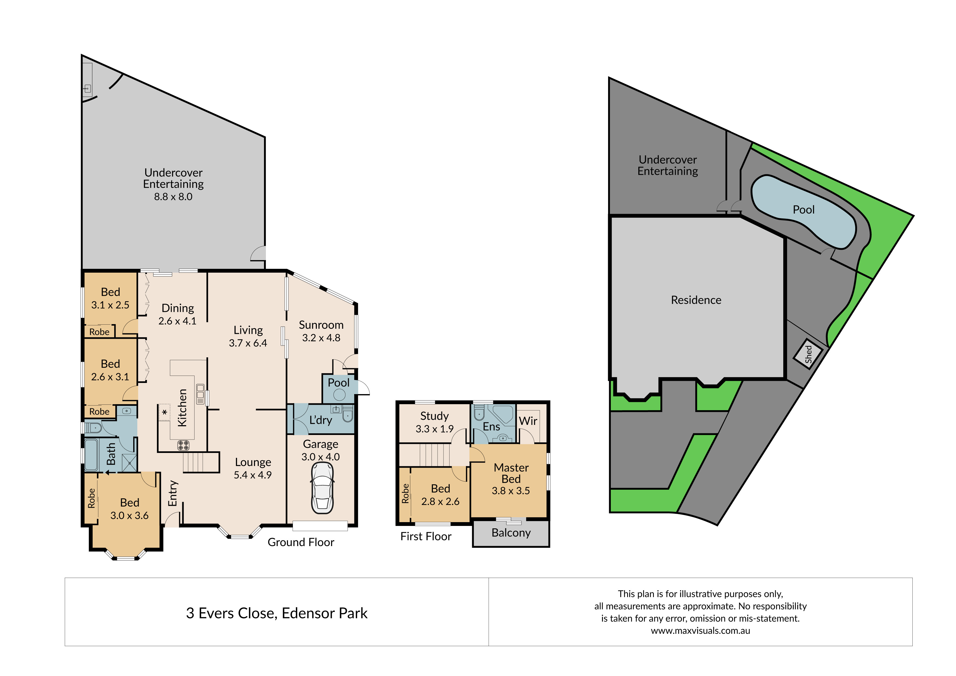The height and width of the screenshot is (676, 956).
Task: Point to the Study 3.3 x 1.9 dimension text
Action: (434, 429)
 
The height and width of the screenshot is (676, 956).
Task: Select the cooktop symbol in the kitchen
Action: (183, 445)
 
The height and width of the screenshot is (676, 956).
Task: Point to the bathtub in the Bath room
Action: (91, 455)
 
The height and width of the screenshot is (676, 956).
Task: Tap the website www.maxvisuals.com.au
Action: (700, 631)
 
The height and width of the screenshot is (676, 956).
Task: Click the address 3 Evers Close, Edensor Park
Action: (277, 613)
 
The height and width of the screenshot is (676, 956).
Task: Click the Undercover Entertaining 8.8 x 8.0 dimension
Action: (173, 196)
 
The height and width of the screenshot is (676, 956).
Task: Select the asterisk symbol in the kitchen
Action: (165, 412)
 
